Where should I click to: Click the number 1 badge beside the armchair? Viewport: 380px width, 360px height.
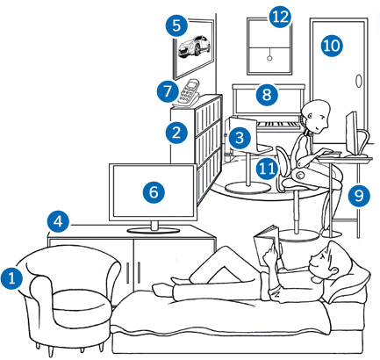tap(11, 277)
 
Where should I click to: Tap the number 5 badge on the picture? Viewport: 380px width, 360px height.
tap(176, 25)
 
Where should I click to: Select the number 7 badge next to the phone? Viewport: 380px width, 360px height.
tap(168, 91)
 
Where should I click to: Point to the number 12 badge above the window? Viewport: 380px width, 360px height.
tap(280, 17)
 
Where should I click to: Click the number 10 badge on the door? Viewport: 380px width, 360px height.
tap(332, 46)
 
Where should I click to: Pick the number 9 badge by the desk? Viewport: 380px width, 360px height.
tap(359, 196)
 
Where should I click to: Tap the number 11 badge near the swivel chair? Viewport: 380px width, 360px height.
tap(267, 169)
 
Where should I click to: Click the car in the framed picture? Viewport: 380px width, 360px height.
tap(194, 47)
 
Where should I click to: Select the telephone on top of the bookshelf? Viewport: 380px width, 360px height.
tap(186, 93)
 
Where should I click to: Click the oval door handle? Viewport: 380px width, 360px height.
tap(358, 81)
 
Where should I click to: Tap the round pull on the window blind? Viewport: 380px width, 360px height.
tap(269, 58)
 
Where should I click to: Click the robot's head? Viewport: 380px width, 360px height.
tap(316, 116)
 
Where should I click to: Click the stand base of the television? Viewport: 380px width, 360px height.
tap(154, 230)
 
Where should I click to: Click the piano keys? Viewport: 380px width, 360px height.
tap(278, 125)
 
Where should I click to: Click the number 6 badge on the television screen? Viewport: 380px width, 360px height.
tap(154, 192)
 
